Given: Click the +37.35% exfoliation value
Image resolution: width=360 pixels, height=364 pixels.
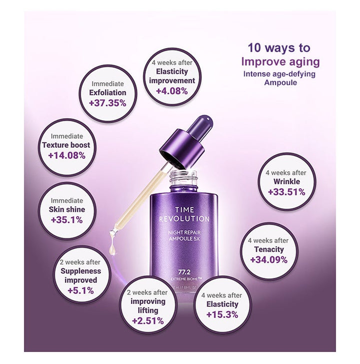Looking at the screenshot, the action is pos(108,103).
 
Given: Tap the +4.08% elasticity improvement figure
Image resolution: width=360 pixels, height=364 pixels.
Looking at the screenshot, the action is pos(172,91).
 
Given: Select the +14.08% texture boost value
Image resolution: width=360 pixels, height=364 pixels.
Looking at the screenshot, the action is pos(67,155).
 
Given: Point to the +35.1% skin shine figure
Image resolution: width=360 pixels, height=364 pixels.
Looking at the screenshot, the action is pos(67,220).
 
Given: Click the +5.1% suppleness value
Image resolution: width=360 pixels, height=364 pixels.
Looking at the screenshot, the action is pos(80,290).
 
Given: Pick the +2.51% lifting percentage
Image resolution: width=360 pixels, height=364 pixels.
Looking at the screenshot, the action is pos(148,321).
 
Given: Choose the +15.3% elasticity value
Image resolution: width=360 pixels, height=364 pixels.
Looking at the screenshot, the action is pos(222,314).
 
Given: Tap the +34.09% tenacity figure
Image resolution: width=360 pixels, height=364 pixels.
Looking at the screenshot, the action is pos(269,259).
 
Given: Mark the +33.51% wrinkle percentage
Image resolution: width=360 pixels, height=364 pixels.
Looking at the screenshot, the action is pos(286,192).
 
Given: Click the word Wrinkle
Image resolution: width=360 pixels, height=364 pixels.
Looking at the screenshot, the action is pos(286,182).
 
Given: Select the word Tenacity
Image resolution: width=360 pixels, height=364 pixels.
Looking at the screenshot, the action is pos(269,249).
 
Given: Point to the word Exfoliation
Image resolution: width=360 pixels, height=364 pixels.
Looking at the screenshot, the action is pos(108,93).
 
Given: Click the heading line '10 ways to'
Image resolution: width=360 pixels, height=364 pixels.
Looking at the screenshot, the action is pos(279,48).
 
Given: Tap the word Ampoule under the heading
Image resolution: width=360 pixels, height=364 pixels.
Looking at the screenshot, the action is pos(280,83).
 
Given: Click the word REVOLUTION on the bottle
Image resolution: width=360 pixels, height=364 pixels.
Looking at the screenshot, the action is pos(184,219).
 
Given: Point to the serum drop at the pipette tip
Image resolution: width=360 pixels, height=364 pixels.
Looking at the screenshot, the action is pos(112,244).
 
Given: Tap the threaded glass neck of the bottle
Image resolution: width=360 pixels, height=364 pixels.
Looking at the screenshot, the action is pos(183,178).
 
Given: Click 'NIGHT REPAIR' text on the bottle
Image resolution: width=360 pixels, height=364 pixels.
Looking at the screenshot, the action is pos(184,232).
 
